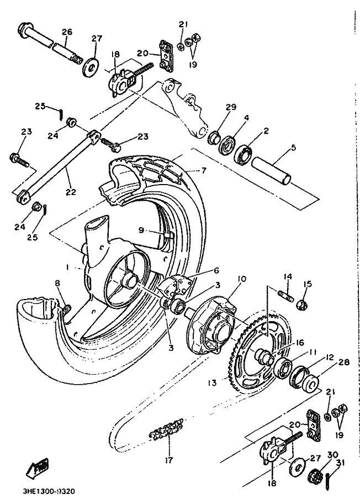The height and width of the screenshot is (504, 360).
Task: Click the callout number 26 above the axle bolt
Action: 67,32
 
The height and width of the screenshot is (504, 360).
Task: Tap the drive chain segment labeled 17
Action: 166,430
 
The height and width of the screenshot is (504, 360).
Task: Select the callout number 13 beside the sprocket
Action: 212,383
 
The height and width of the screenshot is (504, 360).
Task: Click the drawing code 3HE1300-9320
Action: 50,492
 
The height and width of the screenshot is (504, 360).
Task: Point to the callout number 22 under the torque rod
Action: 71,192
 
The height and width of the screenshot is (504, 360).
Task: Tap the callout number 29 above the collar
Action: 231,107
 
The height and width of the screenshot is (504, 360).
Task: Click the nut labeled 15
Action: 303,305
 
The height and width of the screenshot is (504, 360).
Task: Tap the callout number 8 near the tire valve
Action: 57,283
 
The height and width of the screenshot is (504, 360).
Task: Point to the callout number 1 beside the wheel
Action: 68,267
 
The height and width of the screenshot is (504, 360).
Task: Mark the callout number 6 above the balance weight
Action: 216,270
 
